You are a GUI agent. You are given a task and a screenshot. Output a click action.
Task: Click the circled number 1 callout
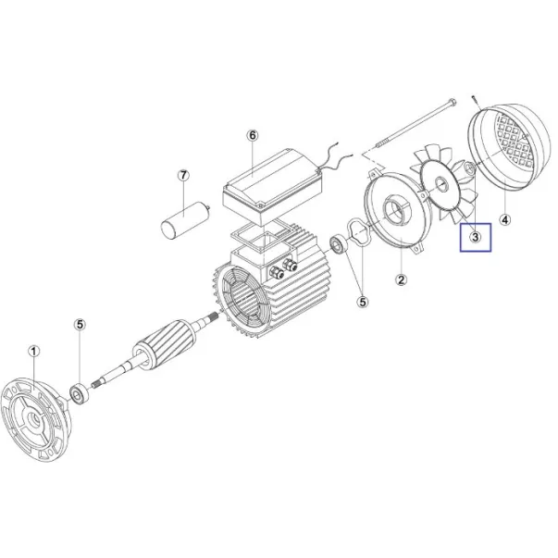tap(34, 352)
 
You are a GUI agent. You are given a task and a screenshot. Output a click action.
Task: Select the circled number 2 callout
tap(401, 280)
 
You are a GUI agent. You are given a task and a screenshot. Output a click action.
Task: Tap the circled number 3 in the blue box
tap(476, 237)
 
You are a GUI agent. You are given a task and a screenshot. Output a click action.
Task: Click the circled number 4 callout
tap(505, 220)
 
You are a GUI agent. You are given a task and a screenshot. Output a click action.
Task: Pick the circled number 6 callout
tap(253, 135)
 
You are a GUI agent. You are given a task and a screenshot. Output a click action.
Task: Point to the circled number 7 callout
tap(183, 176)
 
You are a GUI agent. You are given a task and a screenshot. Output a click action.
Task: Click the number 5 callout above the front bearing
tap(80, 325)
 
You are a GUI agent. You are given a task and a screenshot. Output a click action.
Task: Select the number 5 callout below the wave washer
tap(363, 302)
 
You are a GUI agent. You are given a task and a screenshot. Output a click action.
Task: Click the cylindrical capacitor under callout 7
tap(185, 219)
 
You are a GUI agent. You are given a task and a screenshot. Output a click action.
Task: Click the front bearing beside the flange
tap(79, 393)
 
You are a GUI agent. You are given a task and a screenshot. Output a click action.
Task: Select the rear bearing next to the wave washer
tap(339, 244)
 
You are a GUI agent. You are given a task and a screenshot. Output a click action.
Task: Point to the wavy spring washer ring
tap(358, 232)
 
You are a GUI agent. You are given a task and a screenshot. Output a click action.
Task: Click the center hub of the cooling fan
tap(441, 185)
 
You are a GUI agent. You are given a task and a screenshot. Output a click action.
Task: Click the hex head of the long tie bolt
tap(453, 102)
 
